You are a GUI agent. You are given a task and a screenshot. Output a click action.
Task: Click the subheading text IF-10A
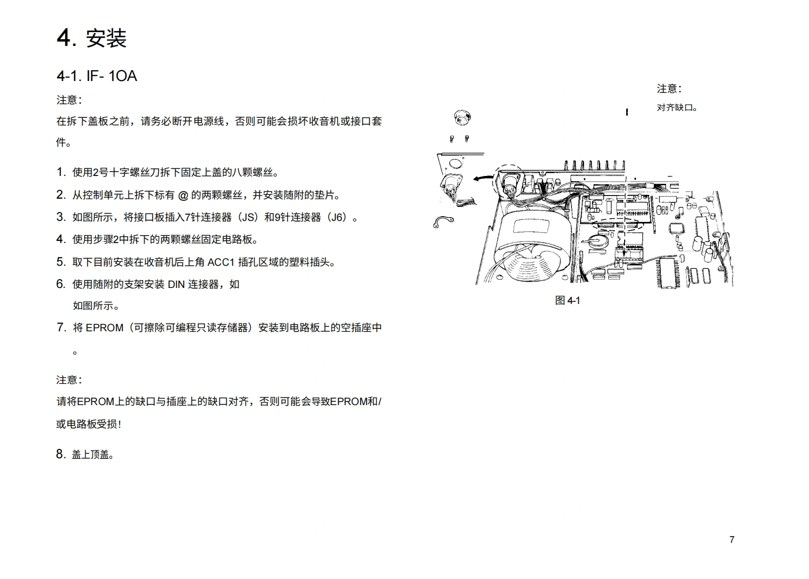point(111,76)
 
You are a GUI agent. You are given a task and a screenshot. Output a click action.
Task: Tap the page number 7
point(732,540)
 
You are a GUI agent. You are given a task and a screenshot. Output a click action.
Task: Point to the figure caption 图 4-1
point(567,300)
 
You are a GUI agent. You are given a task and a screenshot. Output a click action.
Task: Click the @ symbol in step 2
point(183,195)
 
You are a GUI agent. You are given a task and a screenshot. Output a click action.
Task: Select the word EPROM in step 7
point(104,328)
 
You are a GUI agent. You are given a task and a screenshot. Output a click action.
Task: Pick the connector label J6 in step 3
point(338,217)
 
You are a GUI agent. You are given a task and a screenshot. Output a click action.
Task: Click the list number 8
point(61,454)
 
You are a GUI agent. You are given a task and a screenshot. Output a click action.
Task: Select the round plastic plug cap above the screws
point(462,118)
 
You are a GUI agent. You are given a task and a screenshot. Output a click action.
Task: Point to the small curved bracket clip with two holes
point(443,222)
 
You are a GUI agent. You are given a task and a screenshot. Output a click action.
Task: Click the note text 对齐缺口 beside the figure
point(676,108)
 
